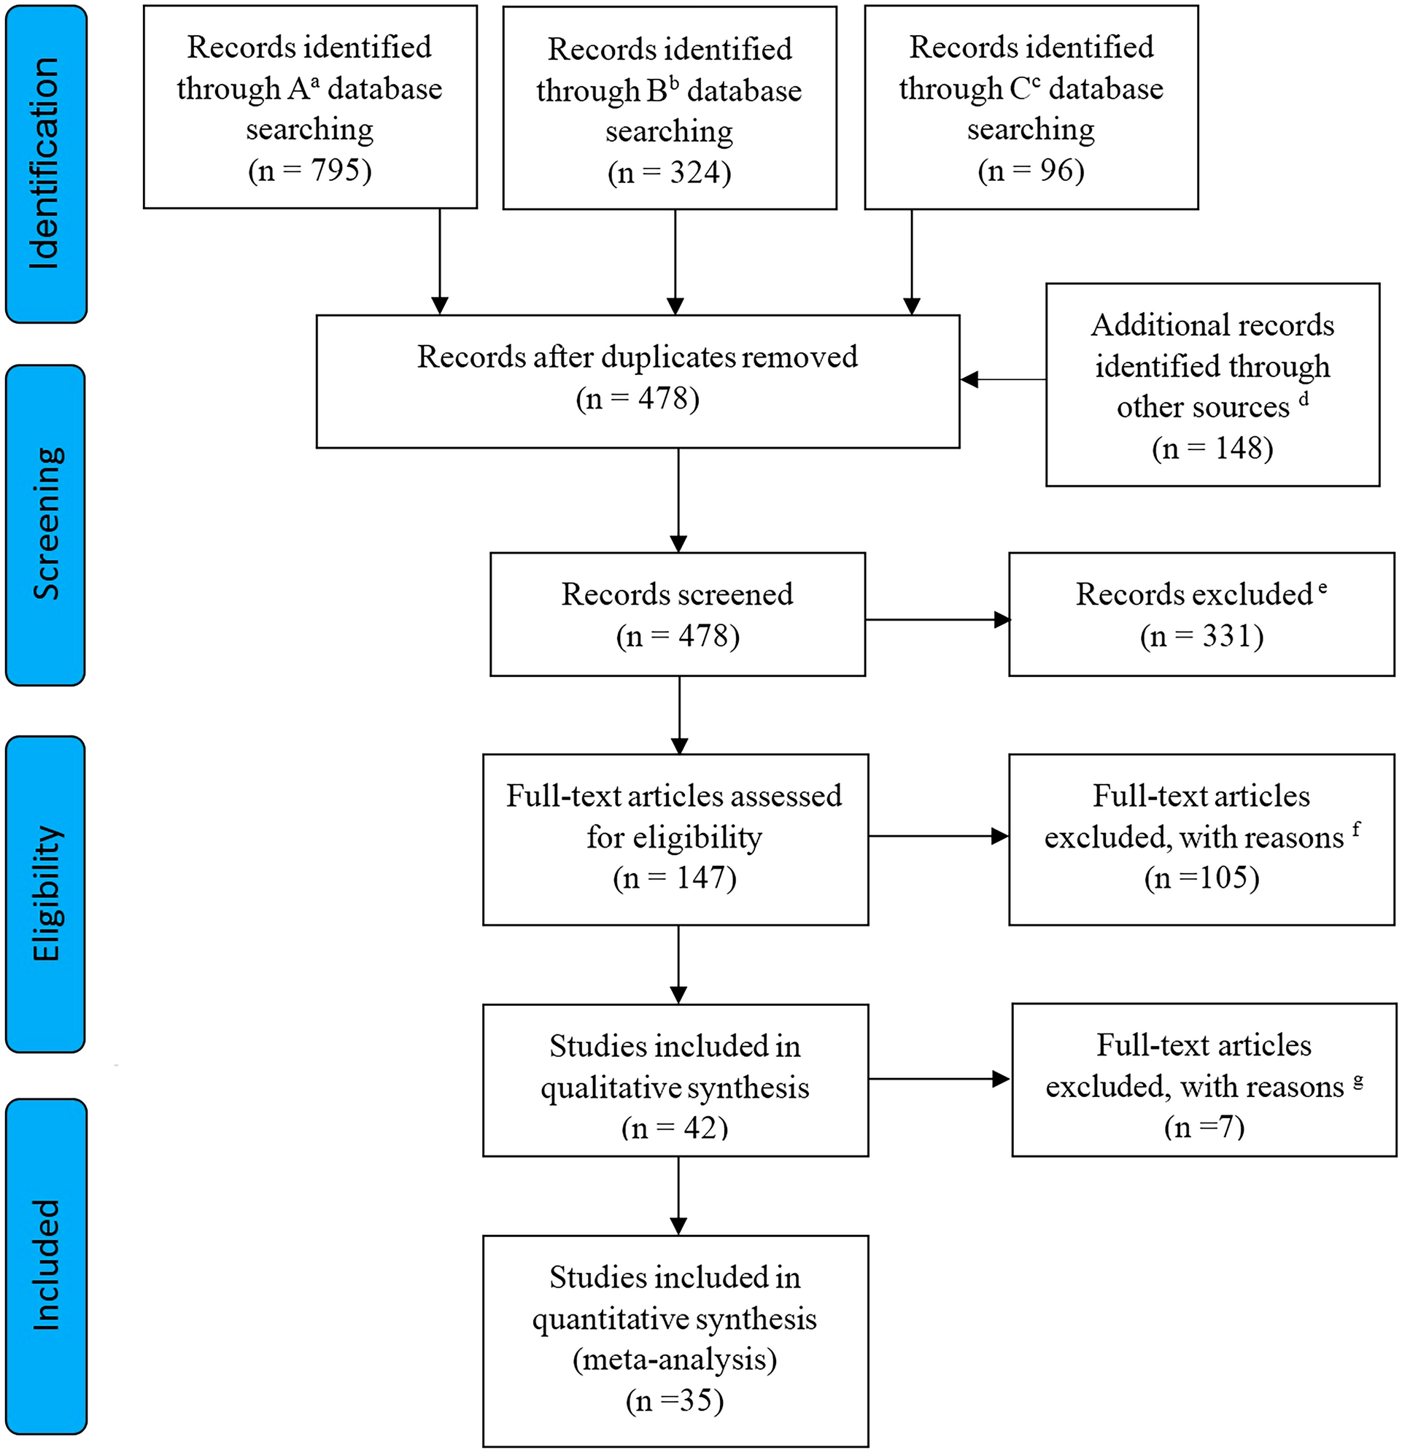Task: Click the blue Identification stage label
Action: tap(45, 164)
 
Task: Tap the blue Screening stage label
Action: tap(45, 525)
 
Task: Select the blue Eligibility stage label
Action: tap(45, 894)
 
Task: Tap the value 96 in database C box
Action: tap(1046, 171)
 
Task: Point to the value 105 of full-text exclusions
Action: tap(1223, 877)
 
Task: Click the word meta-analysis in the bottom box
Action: tap(675, 1360)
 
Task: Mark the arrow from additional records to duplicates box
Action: tap(1002, 379)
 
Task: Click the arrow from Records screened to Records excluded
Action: tap(937, 619)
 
